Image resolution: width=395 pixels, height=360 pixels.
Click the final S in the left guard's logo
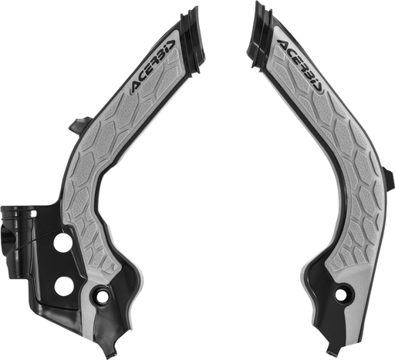(172, 44)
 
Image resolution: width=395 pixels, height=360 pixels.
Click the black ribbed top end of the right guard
(260, 36)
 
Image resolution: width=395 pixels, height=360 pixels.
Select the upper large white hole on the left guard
(62, 242)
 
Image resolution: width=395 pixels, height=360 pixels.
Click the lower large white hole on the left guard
(63, 287)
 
